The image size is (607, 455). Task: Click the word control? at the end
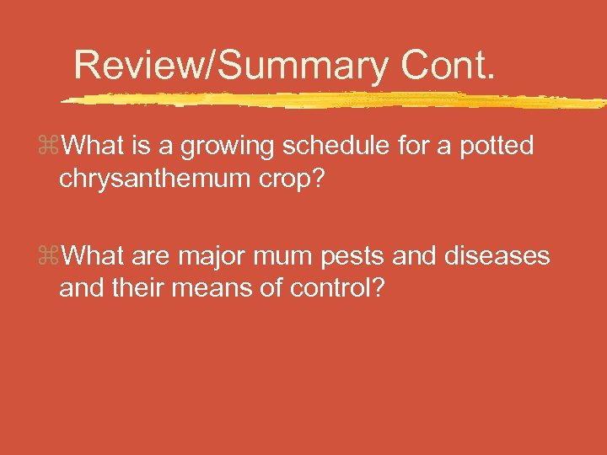[x=337, y=287]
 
